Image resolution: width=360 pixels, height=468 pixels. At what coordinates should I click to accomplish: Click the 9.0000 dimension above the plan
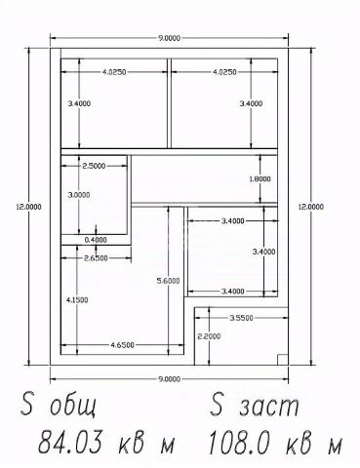click(x=169, y=38)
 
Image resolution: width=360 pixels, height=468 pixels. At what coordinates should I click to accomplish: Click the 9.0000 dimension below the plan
click(x=169, y=379)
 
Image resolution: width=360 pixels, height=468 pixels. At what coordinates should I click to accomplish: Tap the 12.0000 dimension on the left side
click(x=29, y=207)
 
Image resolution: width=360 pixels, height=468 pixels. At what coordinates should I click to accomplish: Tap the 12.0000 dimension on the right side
click(x=311, y=207)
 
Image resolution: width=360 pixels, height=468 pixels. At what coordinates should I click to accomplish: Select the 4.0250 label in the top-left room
click(x=114, y=72)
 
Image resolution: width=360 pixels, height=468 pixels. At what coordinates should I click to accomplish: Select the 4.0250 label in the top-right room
click(x=224, y=72)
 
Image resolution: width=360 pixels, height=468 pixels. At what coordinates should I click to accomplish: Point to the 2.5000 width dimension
click(x=94, y=166)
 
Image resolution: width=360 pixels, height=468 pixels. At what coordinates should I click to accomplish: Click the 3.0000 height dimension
click(x=79, y=195)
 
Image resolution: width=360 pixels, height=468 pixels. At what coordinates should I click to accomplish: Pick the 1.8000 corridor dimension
click(x=260, y=179)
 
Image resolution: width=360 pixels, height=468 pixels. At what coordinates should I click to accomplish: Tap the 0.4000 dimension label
click(x=96, y=240)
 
